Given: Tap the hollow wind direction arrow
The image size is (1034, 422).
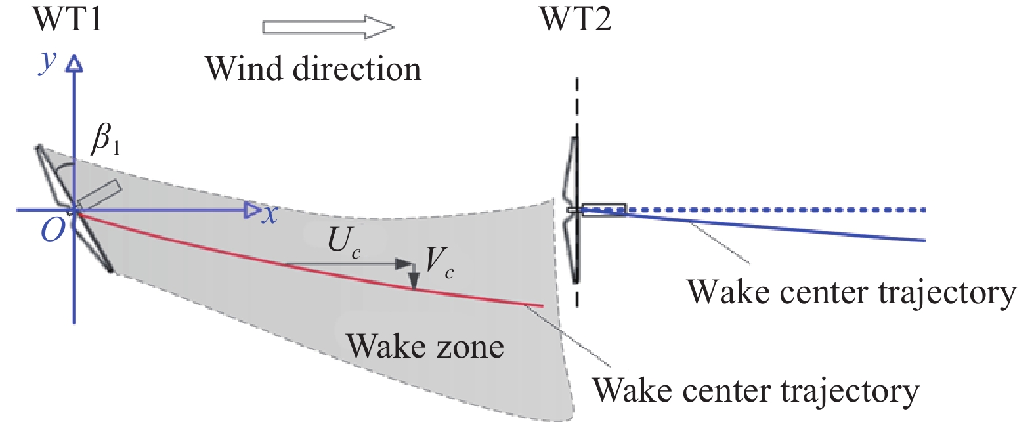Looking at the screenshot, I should point(328,27).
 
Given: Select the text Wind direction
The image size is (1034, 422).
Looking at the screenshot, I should point(312,69).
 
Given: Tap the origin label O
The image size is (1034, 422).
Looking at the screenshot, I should point(53,230).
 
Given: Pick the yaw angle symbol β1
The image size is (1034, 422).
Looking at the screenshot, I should point(105,138).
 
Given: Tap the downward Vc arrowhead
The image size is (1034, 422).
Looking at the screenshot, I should point(414,282).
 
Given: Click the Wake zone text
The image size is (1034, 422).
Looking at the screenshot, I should point(425,346).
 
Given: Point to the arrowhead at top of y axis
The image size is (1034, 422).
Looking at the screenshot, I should point(75,63).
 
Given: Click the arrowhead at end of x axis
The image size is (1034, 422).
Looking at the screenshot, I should point(251,210).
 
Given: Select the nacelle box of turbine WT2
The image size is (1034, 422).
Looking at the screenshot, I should point(603,209).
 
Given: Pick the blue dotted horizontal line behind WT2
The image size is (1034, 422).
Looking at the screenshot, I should point(788,210).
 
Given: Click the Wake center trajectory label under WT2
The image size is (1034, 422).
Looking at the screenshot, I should point(851,292).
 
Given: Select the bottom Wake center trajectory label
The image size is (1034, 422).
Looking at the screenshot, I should point(756,390).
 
